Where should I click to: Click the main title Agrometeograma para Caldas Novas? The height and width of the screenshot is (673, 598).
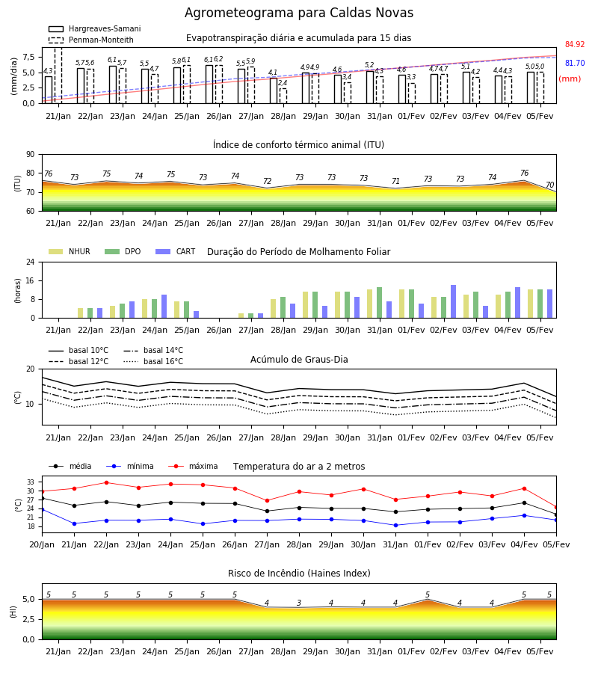(299, 13)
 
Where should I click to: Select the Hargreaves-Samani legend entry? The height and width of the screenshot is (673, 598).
(95, 28)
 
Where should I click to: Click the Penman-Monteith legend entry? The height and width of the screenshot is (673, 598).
(91, 40)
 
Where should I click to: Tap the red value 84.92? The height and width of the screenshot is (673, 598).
(575, 45)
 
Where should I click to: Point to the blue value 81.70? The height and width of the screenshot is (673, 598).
(575, 63)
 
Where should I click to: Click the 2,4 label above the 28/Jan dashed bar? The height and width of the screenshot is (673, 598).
(283, 83)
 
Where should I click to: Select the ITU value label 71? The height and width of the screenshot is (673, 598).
(395, 181)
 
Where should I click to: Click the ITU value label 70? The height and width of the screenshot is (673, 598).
(550, 185)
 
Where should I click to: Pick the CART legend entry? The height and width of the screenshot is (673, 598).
(176, 251)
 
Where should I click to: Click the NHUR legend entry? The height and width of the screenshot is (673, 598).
(70, 251)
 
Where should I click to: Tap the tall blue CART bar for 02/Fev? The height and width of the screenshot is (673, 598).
(454, 301)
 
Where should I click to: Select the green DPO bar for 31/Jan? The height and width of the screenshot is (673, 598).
(379, 303)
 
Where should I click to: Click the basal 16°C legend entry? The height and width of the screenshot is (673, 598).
(153, 361)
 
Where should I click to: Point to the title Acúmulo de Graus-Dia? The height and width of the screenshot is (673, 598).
(299, 360)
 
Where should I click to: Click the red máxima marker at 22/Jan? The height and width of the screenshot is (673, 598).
(106, 482)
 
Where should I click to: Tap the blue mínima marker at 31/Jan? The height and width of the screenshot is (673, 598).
(395, 526)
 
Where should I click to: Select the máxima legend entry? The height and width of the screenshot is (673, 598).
(193, 466)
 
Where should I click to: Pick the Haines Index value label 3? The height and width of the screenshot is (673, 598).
(299, 603)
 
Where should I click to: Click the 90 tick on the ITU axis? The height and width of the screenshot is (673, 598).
(31, 155)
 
